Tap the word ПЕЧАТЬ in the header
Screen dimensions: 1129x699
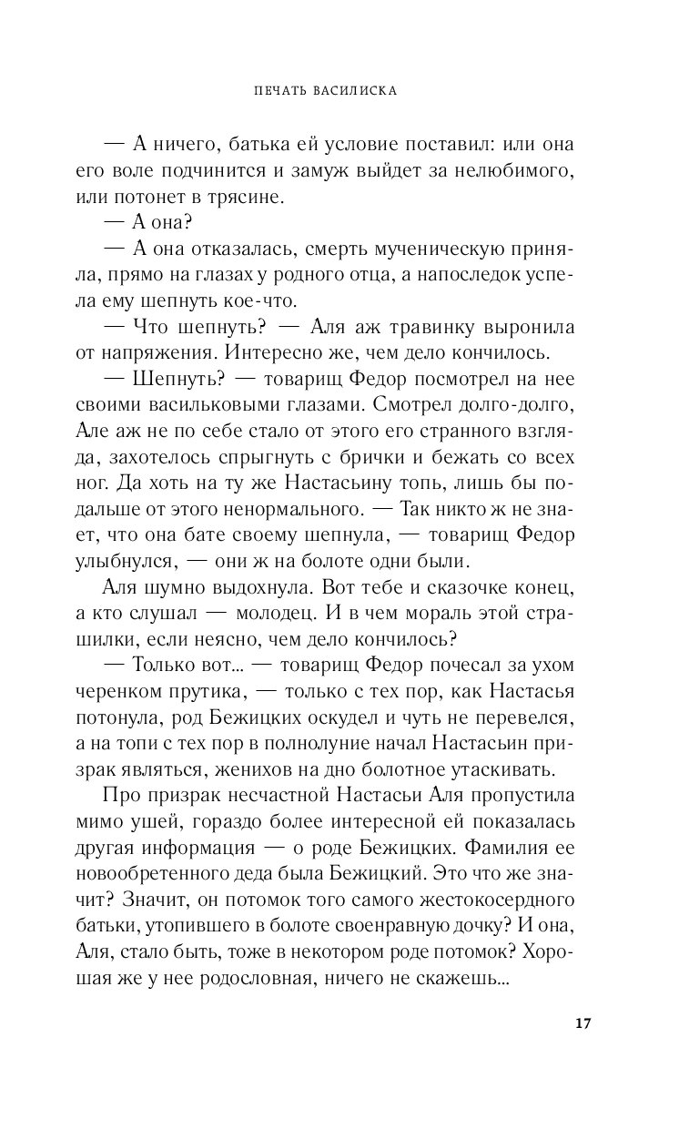[279, 91]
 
